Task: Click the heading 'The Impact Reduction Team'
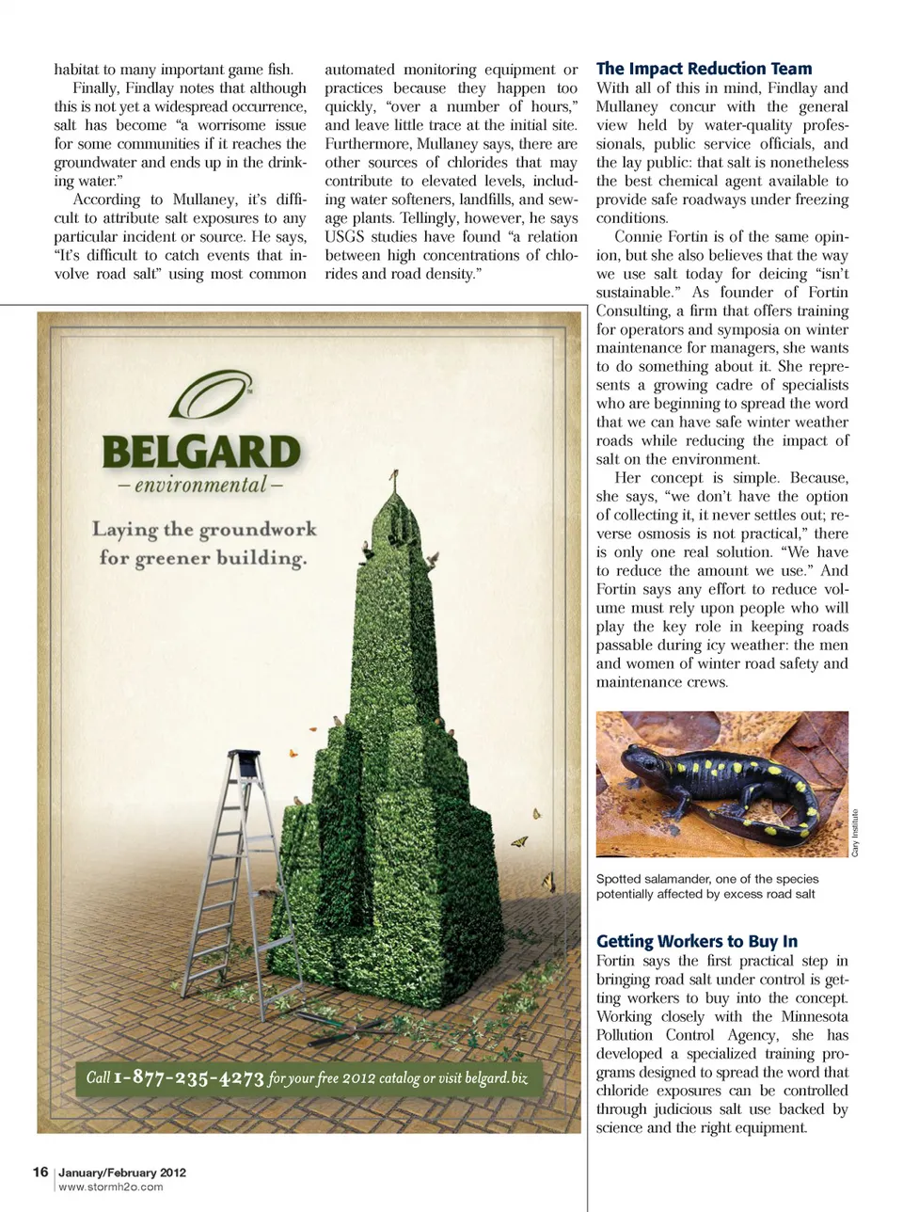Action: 704,69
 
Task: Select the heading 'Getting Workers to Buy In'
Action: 696,941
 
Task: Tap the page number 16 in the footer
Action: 40,1172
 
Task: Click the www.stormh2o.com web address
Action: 110,1187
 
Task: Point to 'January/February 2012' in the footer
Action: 122,1172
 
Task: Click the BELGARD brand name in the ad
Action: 201,453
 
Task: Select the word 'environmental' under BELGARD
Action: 200,486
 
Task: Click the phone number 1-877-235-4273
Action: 188,1077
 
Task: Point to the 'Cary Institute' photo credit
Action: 855,833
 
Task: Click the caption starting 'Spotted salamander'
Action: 706,886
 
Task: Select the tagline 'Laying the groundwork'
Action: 204,529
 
